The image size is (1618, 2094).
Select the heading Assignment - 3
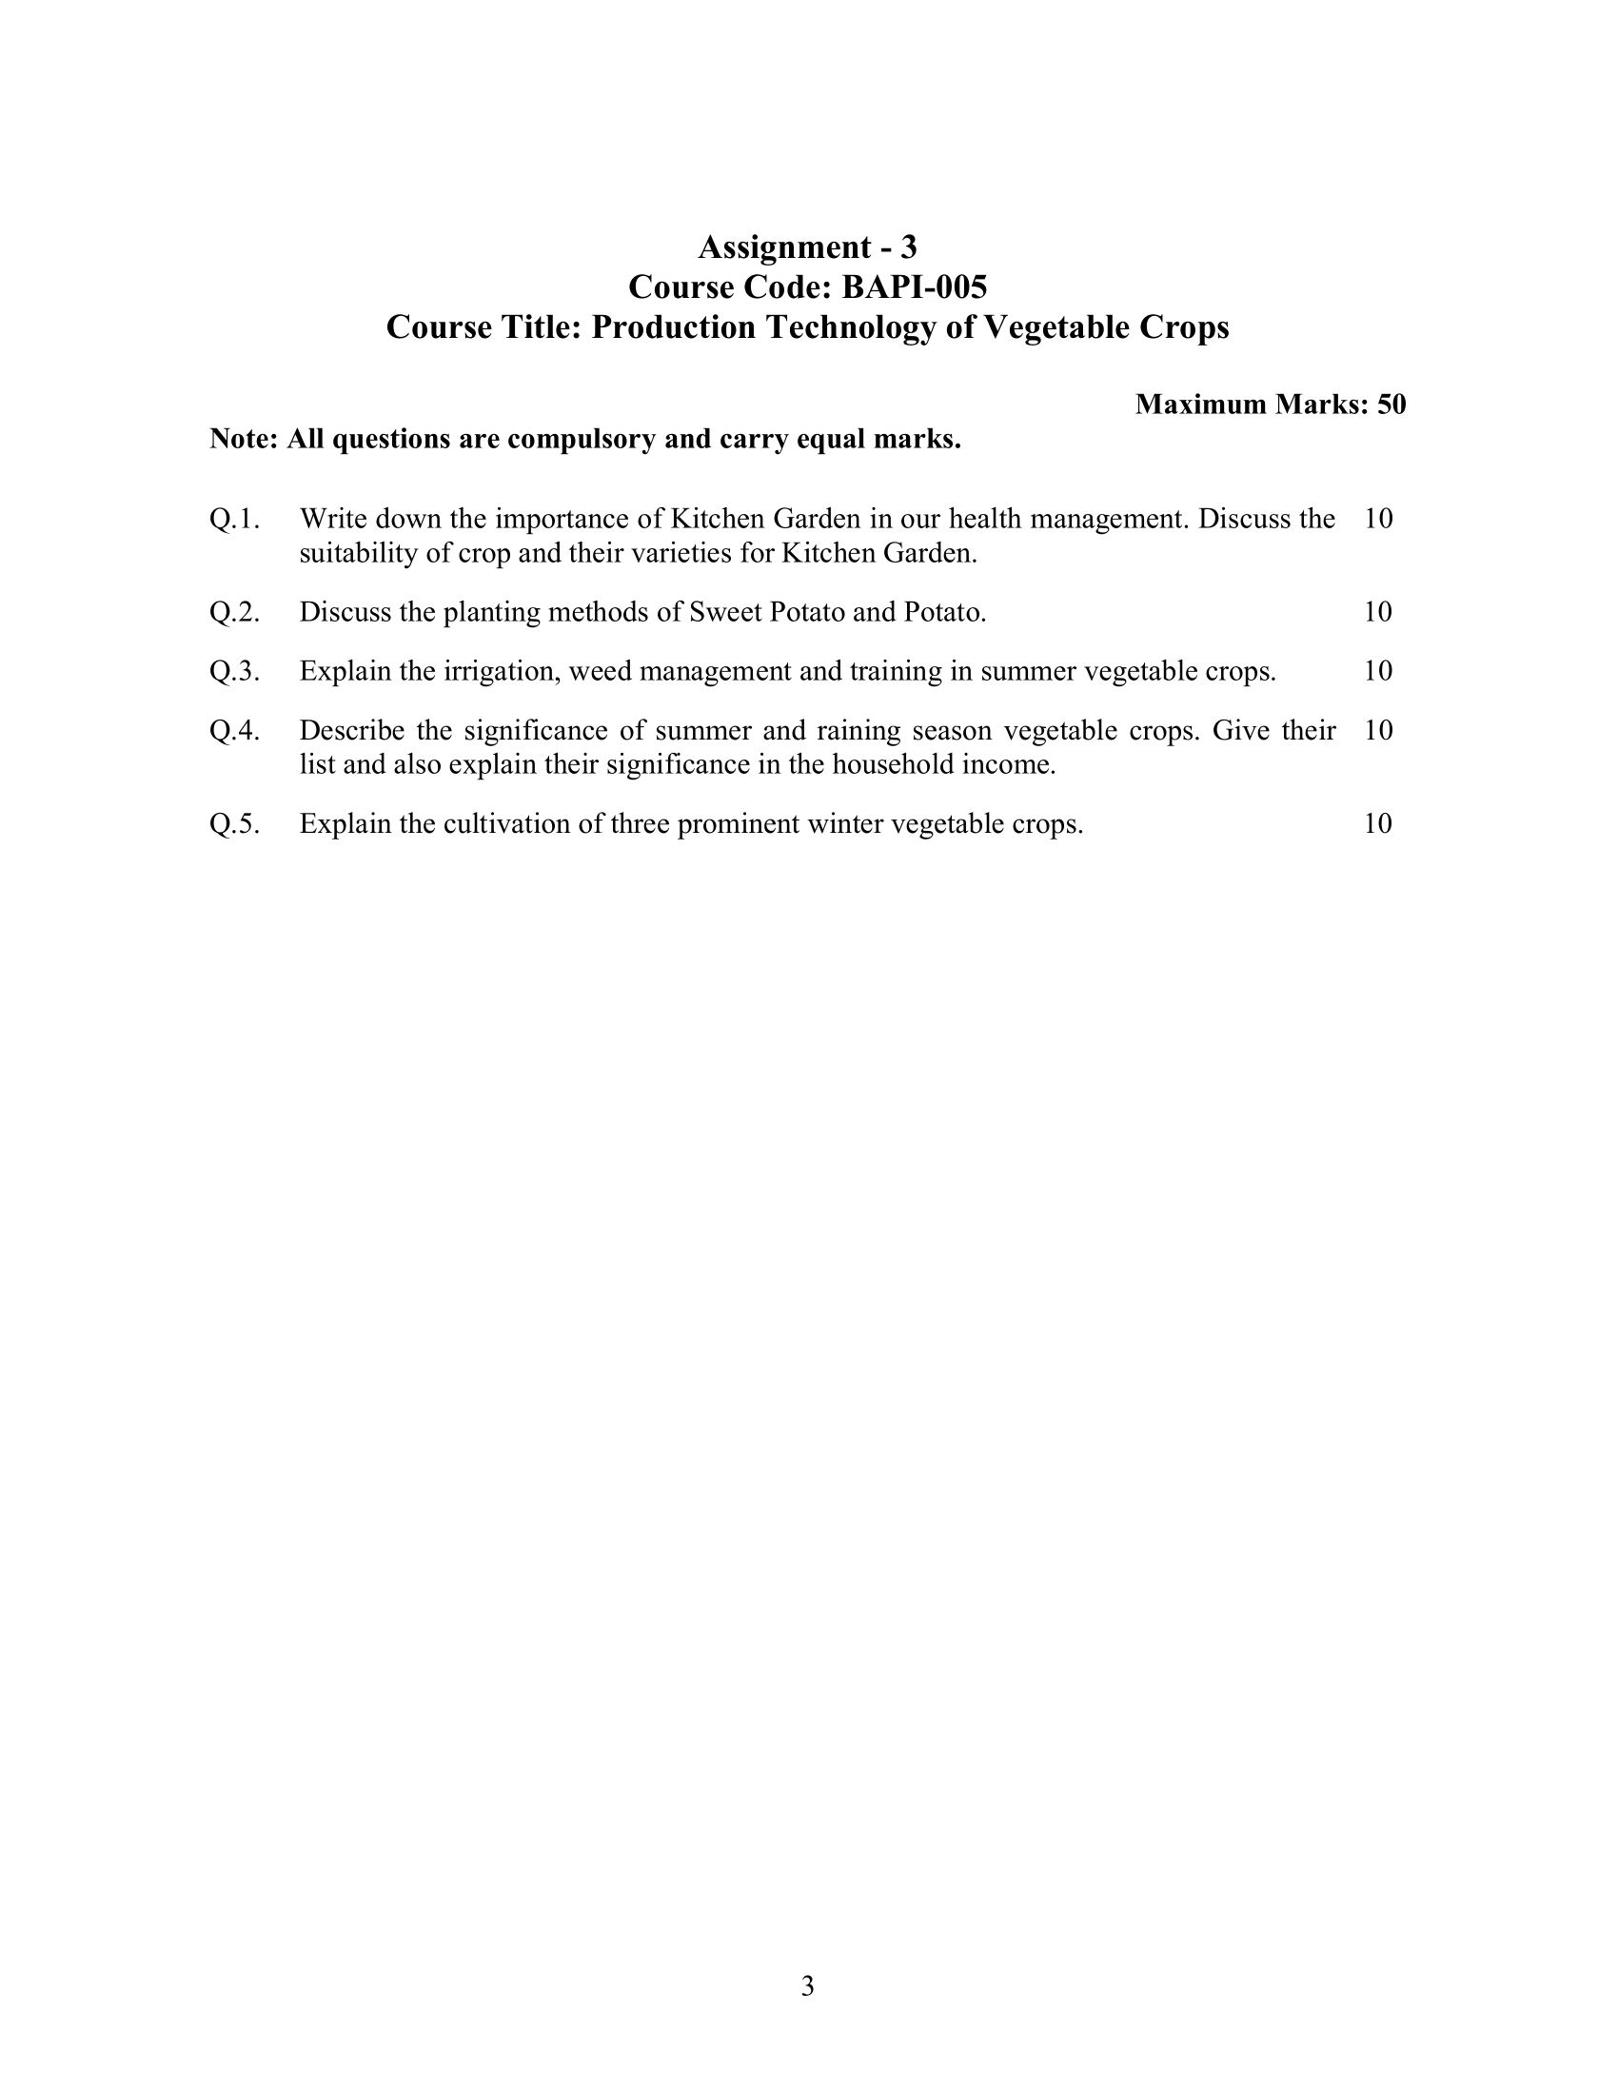(807, 247)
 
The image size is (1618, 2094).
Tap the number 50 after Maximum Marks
(1391, 405)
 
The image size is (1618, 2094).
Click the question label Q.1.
(234, 519)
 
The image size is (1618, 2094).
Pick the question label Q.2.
(234, 612)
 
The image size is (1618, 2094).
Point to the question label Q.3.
(234, 671)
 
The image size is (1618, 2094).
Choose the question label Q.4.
(234, 731)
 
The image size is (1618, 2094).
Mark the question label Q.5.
(234, 823)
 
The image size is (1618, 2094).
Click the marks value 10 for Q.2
(1377, 612)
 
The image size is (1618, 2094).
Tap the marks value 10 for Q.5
(1377, 823)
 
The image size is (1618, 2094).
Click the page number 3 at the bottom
(807, 1985)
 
